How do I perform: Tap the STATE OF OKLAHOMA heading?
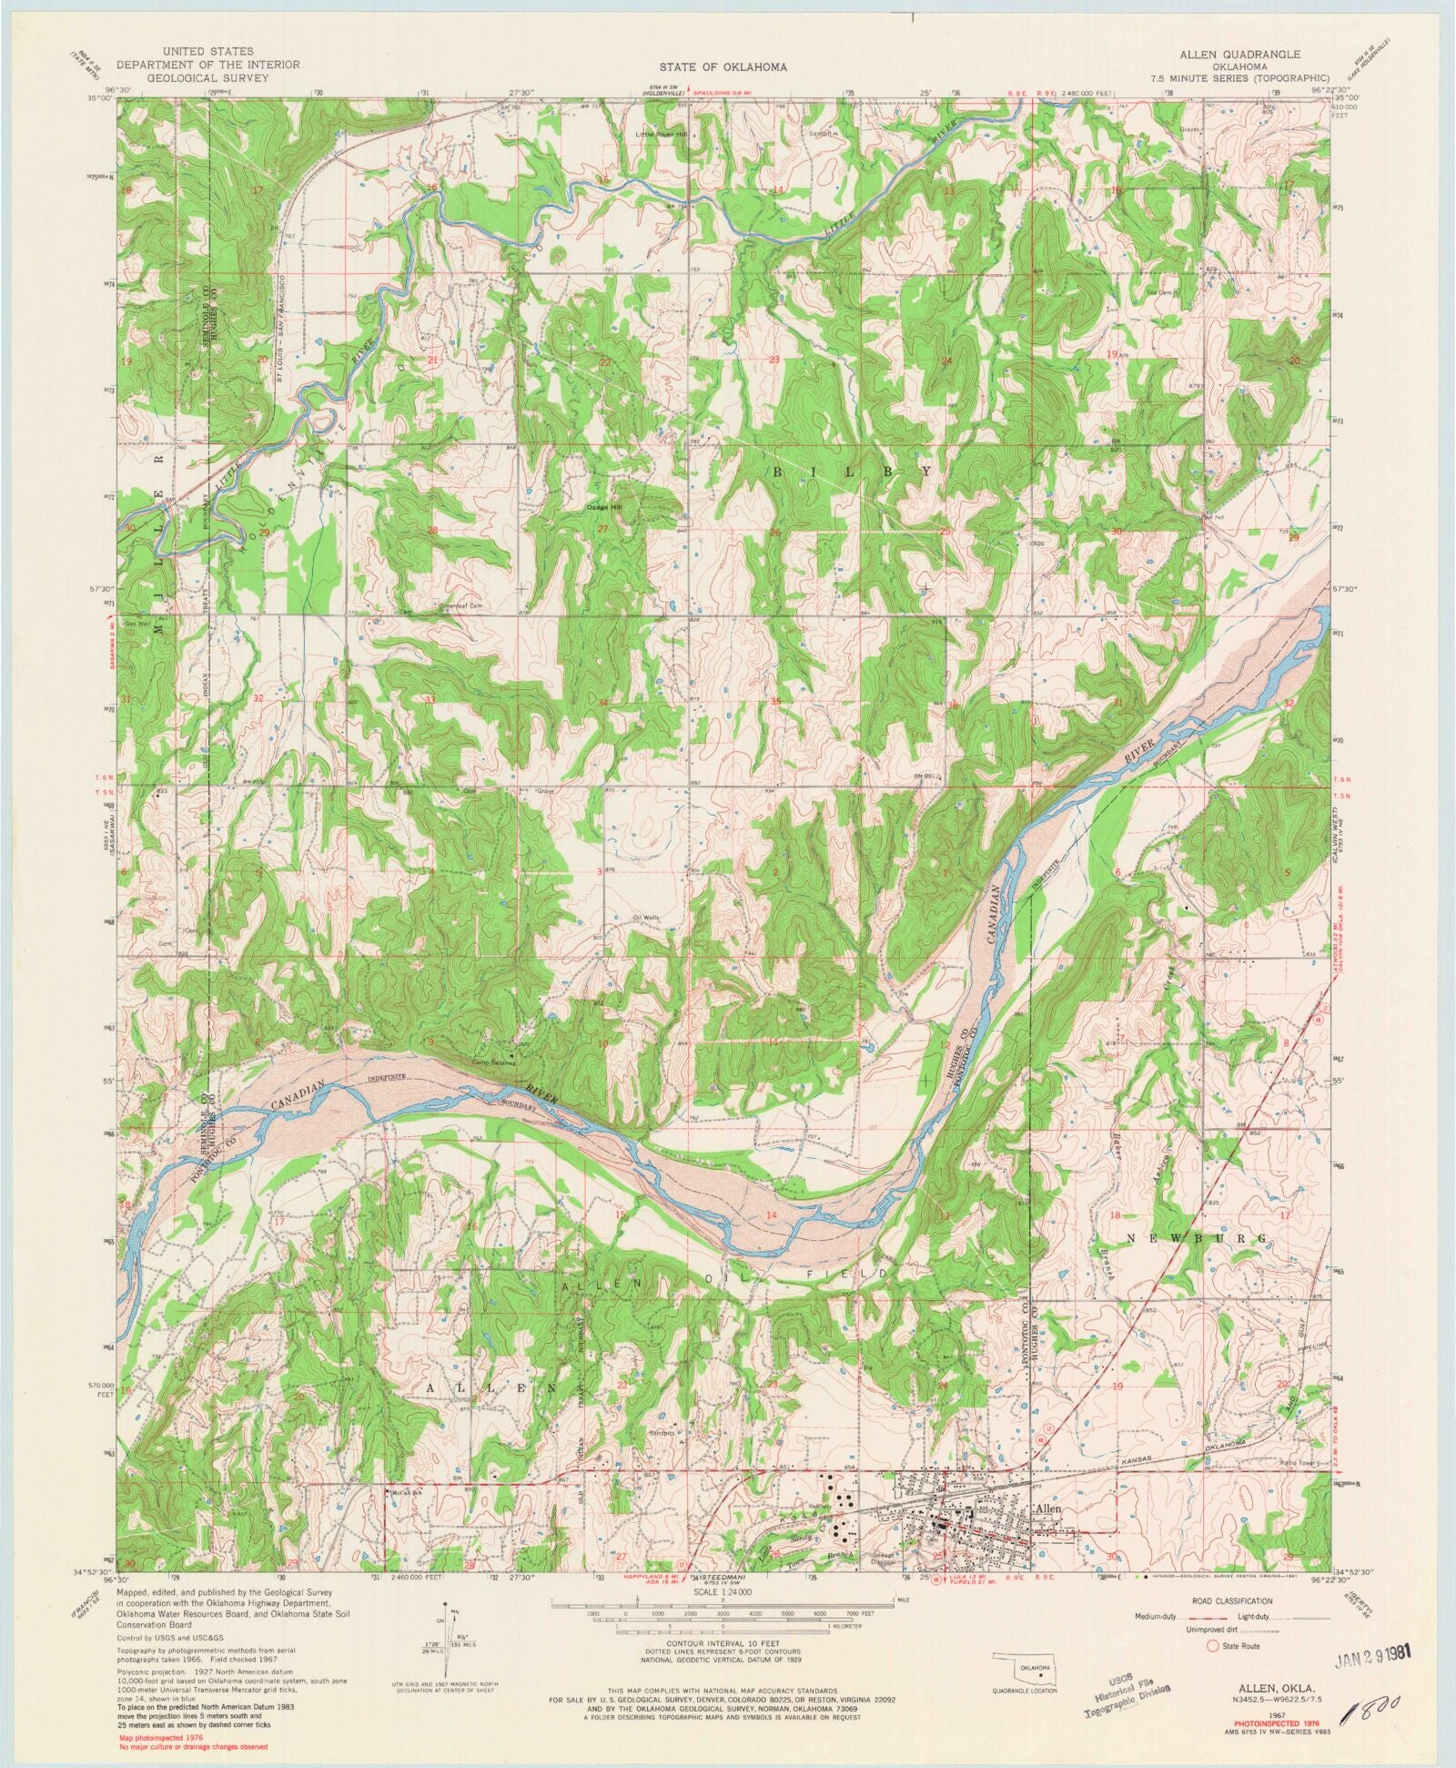pos(724,67)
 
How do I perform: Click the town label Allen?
pos(1048,1509)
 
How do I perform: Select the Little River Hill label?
pos(662,135)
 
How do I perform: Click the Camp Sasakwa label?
pos(493,1062)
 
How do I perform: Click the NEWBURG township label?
pos(1197,1240)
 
